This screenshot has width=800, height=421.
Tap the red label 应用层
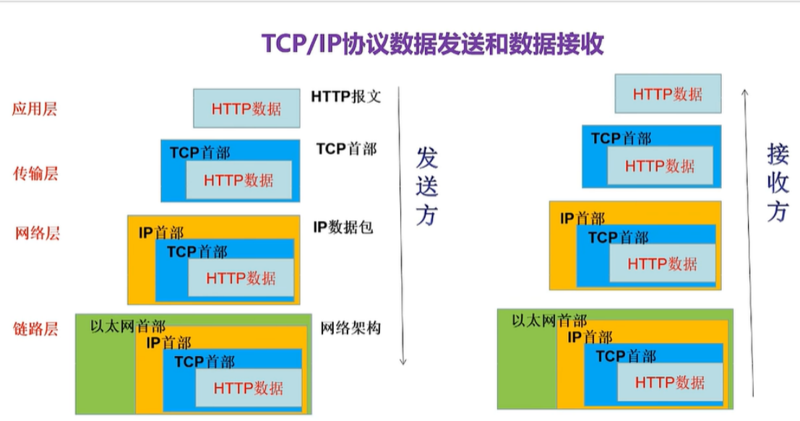click(x=35, y=110)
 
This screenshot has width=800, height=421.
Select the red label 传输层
click(x=35, y=173)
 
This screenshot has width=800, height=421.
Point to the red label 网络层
click(x=37, y=233)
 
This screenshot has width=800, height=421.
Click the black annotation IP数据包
click(x=343, y=227)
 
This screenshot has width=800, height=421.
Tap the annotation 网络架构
click(x=350, y=329)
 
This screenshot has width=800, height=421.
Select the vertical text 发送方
click(x=427, y=186)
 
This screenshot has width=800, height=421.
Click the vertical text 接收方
click(x=778, y=182)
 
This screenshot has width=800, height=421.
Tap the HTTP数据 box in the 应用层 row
click(x=246, y=109)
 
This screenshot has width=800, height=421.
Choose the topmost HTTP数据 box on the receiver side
click(x=668, y=94)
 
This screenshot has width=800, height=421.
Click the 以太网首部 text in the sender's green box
click(x=128, y=326)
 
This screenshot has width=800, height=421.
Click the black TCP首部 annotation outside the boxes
click(x=346, y=149)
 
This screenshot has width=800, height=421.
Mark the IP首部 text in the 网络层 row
click(x=161, y=233)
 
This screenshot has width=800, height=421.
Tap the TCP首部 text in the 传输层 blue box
click(x=200, y=153)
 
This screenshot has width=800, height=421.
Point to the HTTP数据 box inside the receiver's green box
click(x=670, y=383)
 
